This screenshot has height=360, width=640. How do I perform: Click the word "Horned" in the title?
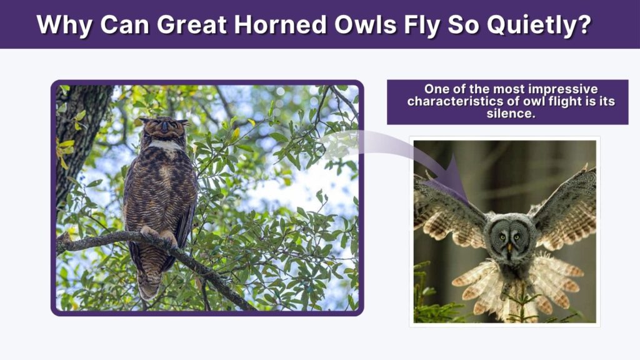pos(281,24)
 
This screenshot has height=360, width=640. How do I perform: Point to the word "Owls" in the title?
pos(365,24)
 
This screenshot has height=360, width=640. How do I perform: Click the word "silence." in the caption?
pos(511,114)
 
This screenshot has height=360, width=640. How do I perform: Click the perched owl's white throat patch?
pos(165,145)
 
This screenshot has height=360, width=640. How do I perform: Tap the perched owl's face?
pos(164,127)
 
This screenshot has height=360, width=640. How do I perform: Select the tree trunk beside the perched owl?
pos(77,135)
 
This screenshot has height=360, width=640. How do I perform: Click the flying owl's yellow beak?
pos(509,247)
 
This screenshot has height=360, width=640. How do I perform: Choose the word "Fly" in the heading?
pos(422,25)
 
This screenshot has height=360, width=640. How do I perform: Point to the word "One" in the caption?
pos(435,89)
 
